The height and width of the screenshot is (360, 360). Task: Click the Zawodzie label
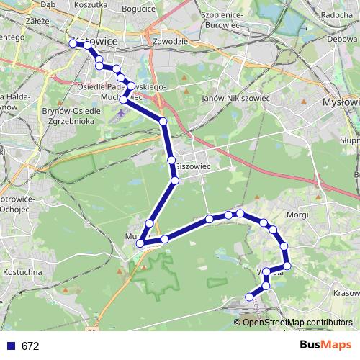(170, 41)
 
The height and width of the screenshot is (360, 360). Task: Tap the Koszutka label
(91, 4)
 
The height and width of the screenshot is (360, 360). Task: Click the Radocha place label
(336, 15)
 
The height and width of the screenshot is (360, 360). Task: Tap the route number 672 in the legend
(30, 346)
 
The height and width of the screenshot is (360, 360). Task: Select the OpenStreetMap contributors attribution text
(298, 322)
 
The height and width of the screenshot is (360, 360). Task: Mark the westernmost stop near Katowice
(73, 44)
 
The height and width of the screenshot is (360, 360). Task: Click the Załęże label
(15, 22)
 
